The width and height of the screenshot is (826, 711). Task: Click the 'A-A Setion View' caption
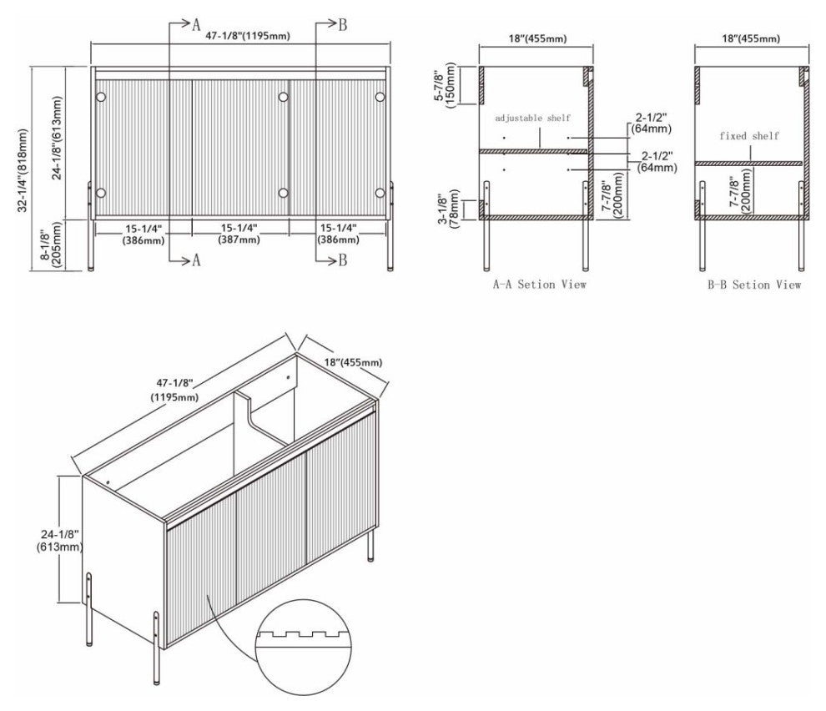tap(539, 285)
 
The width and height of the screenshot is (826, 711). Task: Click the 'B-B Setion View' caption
tap(753, 285)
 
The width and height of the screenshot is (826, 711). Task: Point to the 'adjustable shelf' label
tap(533, 118)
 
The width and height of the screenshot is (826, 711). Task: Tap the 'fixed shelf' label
tap(749, 135)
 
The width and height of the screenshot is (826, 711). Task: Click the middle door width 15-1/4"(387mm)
tap(239, 234)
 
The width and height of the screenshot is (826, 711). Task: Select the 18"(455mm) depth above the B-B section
tap(748, 38)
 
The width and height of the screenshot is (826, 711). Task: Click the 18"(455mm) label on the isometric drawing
tap(351, 361)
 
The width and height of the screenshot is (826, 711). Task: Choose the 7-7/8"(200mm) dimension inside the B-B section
tap(738, 193)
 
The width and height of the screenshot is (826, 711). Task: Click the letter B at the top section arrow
tap(342, 24)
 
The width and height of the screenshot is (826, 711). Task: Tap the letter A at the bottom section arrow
tap(197, 260)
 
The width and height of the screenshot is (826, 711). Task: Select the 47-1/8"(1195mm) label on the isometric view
tap(174, 390)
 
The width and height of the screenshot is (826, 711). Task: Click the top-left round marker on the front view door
tap(101, 97)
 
